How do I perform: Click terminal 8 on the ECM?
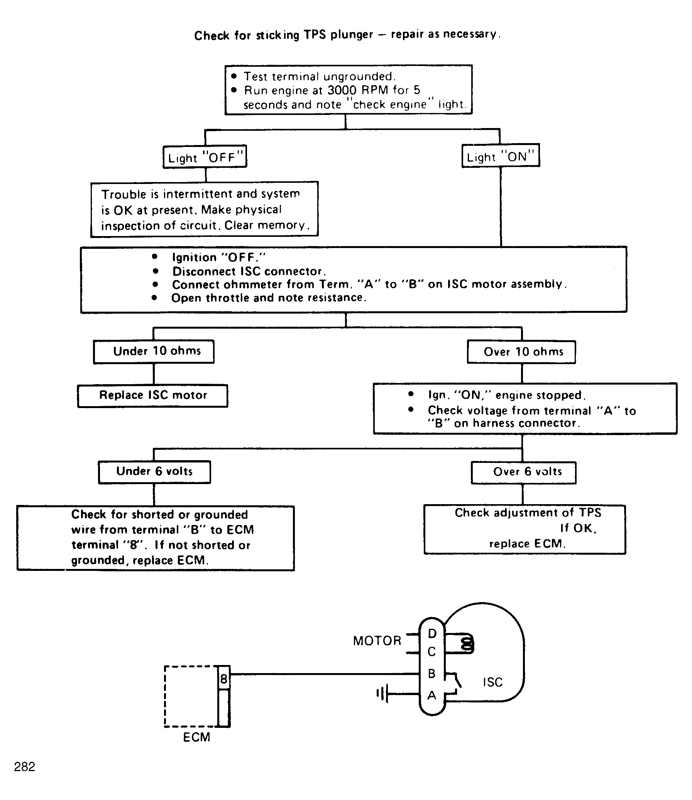click(224, 678)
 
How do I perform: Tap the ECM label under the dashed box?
click(197, 737)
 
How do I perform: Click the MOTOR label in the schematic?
click(377, 641)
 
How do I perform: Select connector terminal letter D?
click(432, 634)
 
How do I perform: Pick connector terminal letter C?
click(432, 652)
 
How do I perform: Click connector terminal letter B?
click(432, 674)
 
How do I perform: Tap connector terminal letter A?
click(432, 695)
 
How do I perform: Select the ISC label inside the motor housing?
click(492, 682)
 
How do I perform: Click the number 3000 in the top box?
click(342, 90)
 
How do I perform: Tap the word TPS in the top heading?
click(315, 35)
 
